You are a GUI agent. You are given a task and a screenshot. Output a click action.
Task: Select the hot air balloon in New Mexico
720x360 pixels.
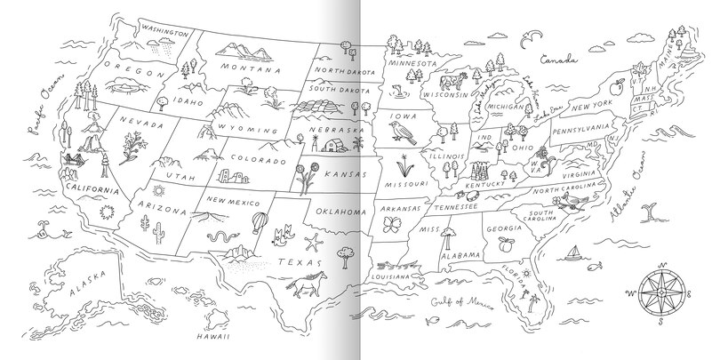pos(258,221)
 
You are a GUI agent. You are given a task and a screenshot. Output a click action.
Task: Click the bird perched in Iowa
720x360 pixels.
pos(399,133)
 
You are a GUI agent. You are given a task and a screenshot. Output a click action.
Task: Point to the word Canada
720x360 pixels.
pos(560,60)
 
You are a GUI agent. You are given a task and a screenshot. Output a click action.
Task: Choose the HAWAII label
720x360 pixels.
pos(213,338)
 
